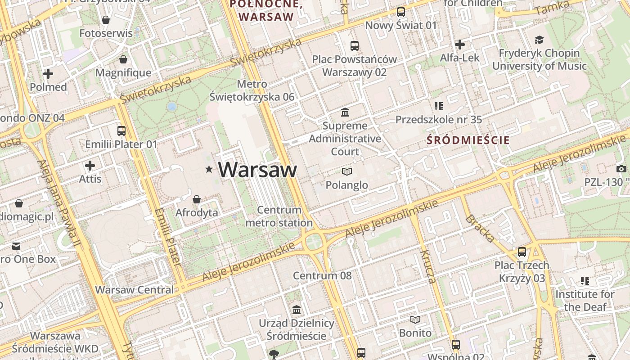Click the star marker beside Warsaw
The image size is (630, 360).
209,170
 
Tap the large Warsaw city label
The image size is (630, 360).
257,170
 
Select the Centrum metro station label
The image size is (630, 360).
279,216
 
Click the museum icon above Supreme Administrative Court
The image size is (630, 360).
345,112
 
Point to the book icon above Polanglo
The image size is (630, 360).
347,171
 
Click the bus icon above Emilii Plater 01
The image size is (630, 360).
121,131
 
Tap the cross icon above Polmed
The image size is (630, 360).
48,73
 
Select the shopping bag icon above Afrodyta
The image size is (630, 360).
197,199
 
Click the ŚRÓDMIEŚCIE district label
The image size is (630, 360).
468,140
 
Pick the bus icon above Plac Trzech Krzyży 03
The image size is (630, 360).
522,252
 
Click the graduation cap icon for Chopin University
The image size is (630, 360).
539,40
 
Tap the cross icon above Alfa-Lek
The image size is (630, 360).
459,45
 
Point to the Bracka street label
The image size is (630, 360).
480,228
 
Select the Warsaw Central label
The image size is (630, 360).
134,289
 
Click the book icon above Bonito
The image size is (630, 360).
415,319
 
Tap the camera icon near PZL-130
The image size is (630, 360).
621,169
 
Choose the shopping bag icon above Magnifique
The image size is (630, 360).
123,59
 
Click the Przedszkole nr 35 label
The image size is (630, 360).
439,120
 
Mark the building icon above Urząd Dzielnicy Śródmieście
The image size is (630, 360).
297,310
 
